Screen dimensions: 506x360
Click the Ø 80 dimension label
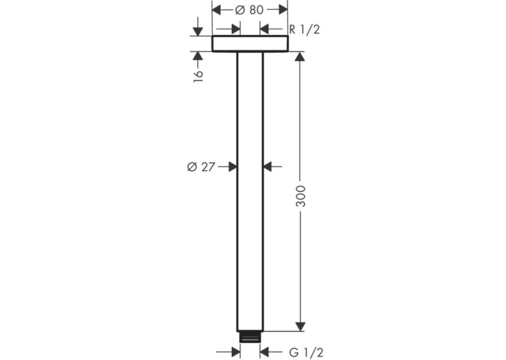[250, 10]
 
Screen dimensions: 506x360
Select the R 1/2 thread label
[305, 29]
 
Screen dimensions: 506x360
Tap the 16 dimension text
[198, 75]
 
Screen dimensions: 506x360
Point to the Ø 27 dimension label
[201, 166]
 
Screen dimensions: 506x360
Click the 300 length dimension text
[301, 196]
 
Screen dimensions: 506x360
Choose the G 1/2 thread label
[306, 352]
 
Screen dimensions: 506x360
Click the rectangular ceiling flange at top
[250, 44]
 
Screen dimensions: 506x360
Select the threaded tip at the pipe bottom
[250, 337]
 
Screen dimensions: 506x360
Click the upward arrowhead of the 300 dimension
[301, 57]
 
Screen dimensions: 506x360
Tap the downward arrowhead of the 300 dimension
[301, 326]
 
